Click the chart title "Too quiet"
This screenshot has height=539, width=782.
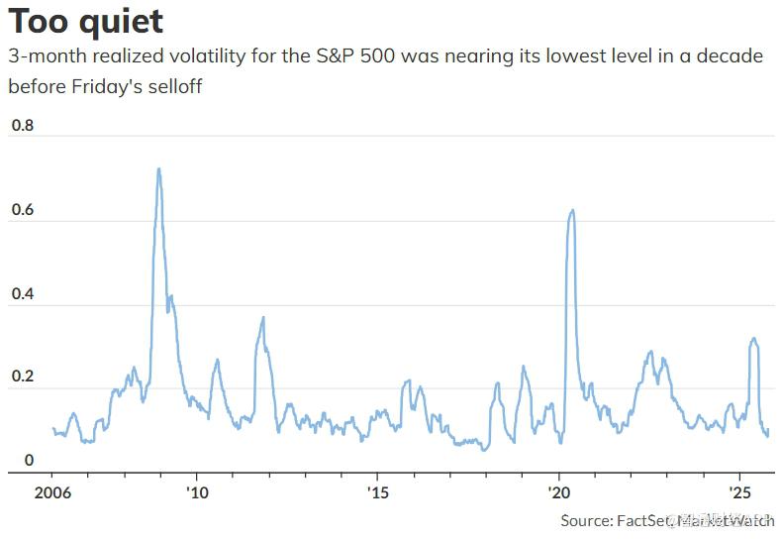(86, 21)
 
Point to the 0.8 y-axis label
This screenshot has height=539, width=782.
(22, 126)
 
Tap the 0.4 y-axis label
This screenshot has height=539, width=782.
(22, 294)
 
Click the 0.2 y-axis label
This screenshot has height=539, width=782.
(22, 377)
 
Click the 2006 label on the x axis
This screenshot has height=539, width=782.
(51, 492)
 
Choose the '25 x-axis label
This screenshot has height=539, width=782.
(739, 492)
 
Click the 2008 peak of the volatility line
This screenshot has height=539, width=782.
(158, 168)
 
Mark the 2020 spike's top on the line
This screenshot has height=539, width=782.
(571, 210)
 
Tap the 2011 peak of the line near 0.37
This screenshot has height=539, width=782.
(263, 317)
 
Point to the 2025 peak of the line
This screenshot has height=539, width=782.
(754, 339)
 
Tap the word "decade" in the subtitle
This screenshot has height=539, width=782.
(731, 55)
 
